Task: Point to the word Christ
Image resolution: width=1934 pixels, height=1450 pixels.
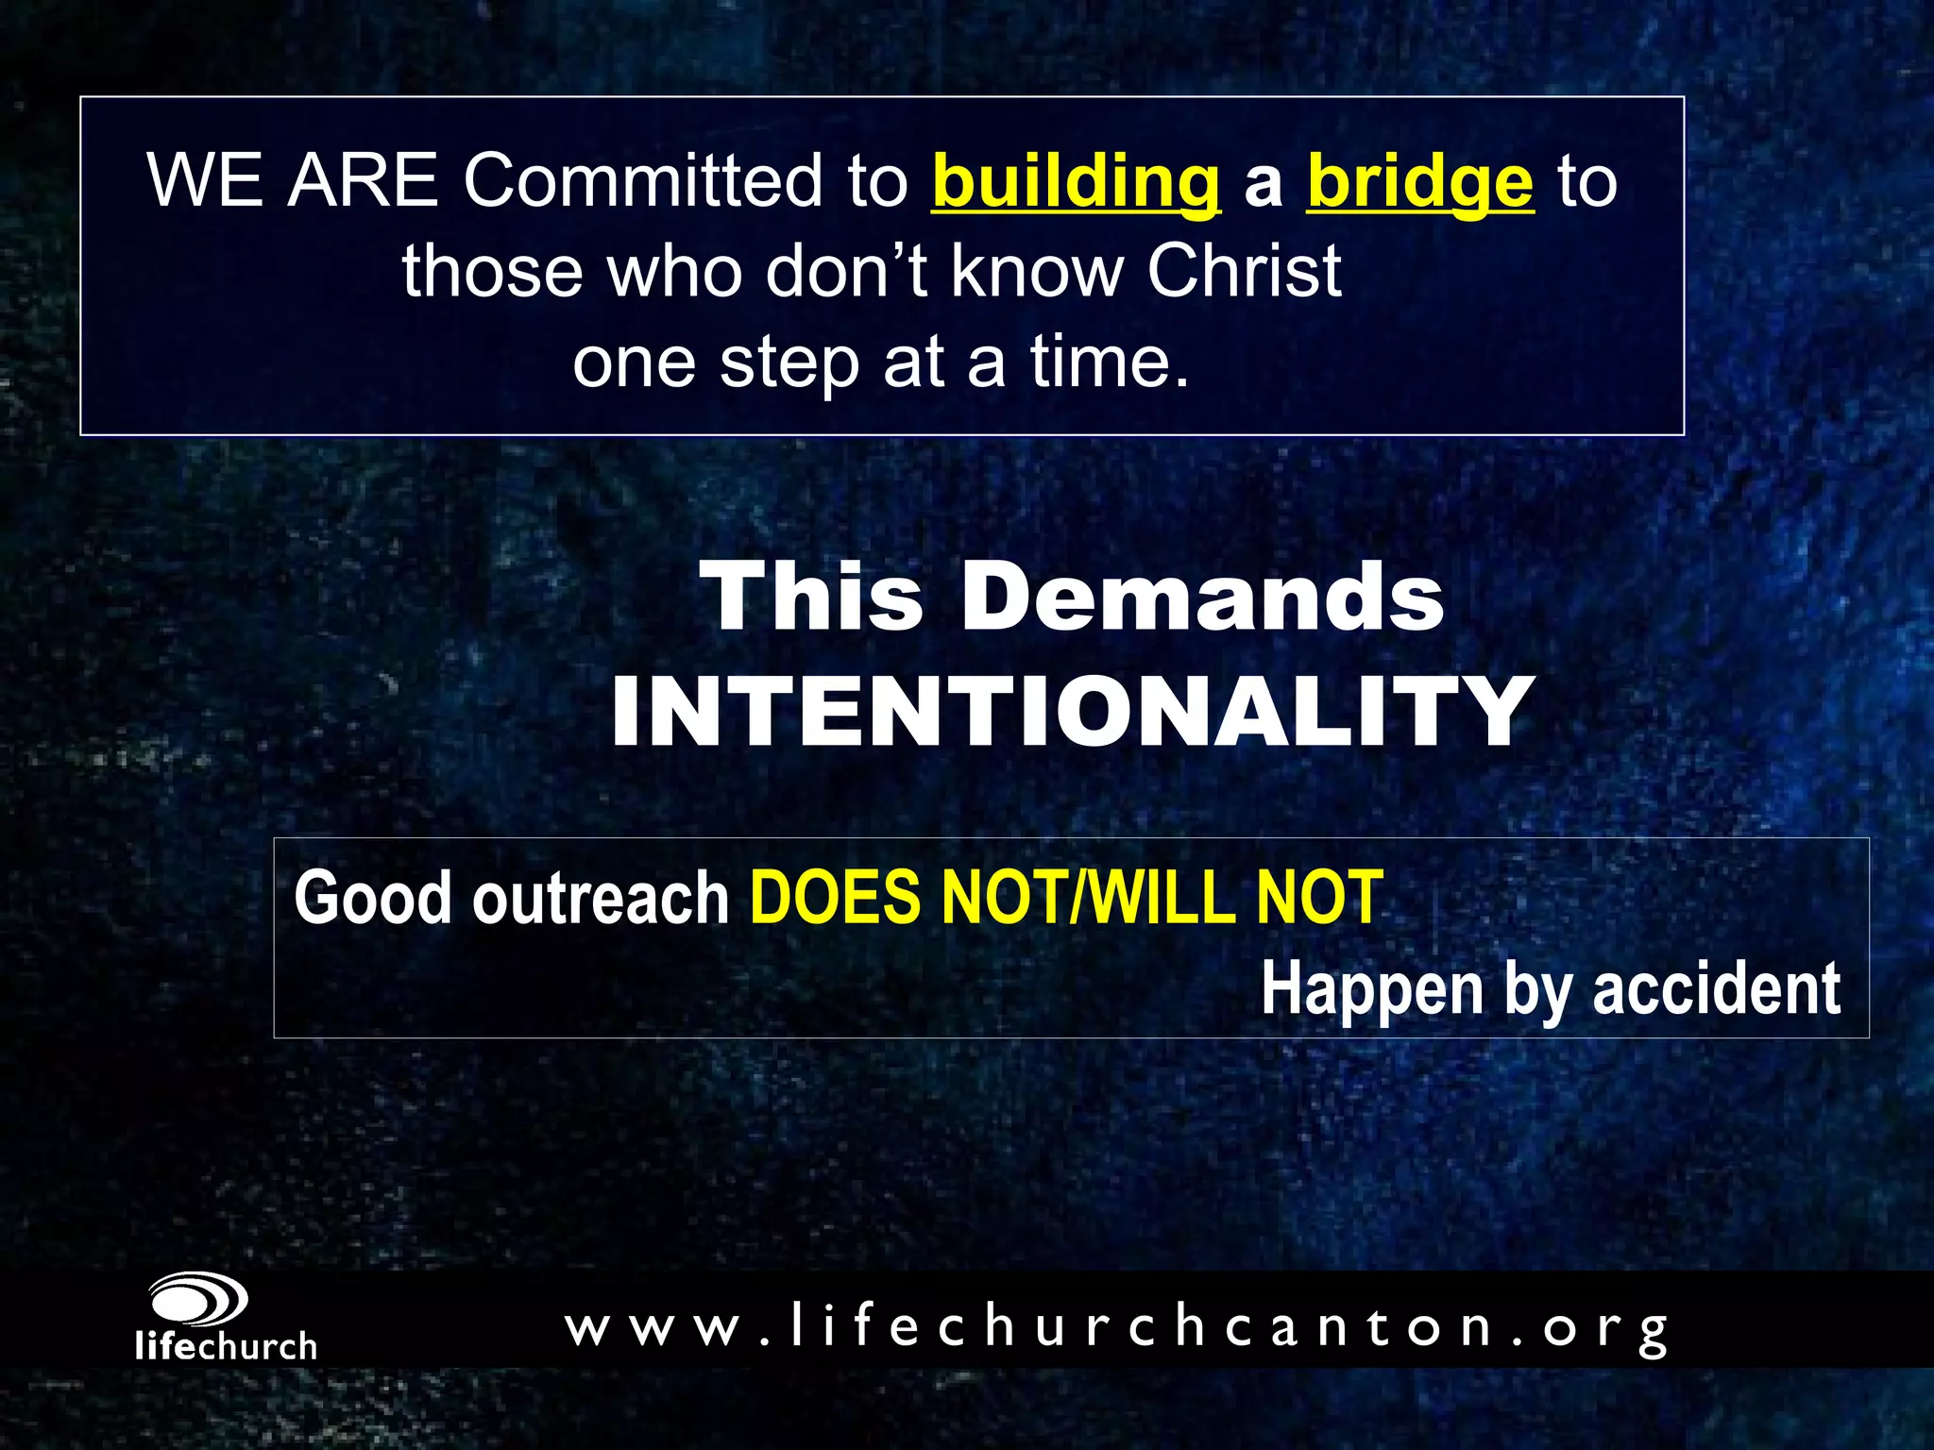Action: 1244,271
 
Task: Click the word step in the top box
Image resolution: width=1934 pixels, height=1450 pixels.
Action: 789,363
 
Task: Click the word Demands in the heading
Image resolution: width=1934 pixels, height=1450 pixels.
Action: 1202,597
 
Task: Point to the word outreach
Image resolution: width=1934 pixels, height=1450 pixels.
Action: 601,897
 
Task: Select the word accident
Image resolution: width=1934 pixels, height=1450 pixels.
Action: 1716,988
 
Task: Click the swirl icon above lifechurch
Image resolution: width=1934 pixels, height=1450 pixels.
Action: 198,1301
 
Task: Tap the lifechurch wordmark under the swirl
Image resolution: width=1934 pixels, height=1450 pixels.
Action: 226,1345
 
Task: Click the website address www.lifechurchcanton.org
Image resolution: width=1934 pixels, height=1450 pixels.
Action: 1117,1326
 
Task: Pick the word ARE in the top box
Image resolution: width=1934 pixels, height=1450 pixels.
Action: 363,180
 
